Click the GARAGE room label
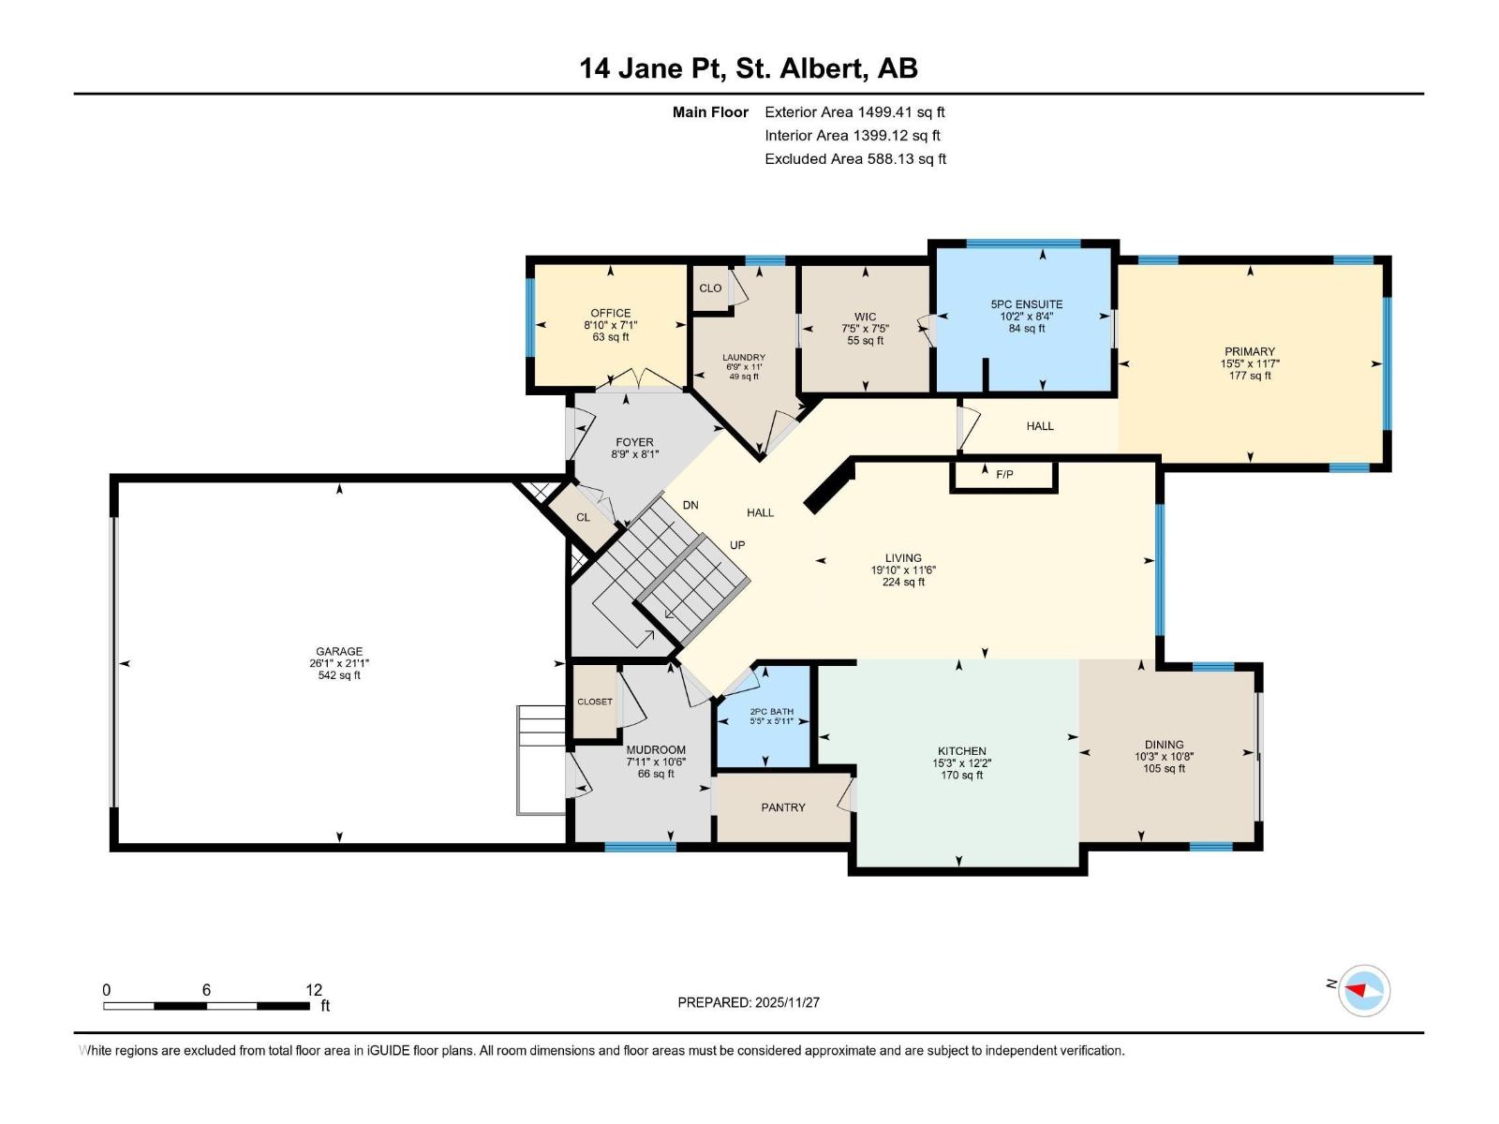pos(339,651)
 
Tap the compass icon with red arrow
pos(1364,990)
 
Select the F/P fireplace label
pos(1004,474)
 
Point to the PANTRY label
pos(782,807)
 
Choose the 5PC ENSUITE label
pos(1026,304)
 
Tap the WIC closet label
pos(865,317)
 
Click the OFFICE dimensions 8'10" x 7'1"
pos(610,326)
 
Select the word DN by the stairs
pos(690,505)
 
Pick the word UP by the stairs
pos(737,545)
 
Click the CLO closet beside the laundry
pos(710,288)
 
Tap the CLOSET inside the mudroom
pos(594,702)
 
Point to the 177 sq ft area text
pos(1249,376)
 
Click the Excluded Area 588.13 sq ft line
pos(855,159)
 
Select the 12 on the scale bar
pos(314,990)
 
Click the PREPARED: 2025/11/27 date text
pos(749,1002)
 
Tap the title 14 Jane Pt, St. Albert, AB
pos(749,68)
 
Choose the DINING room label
pos(1164,745)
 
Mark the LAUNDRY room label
pos(744,358)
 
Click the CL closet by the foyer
pos(583,517)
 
